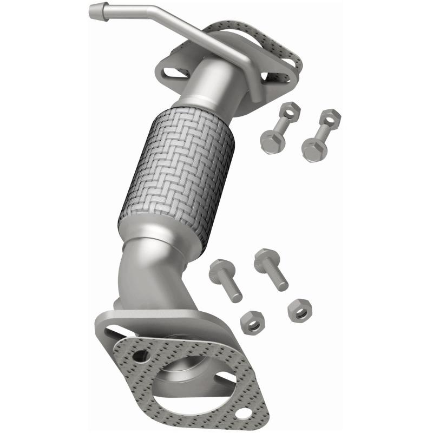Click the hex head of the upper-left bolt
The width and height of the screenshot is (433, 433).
[269, 141]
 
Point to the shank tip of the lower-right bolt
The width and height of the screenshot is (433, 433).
[283, 285]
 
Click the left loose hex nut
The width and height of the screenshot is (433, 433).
[252, 322]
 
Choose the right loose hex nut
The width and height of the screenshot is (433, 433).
[299, 310]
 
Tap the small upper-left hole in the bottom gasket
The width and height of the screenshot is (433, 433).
[142, 356]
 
